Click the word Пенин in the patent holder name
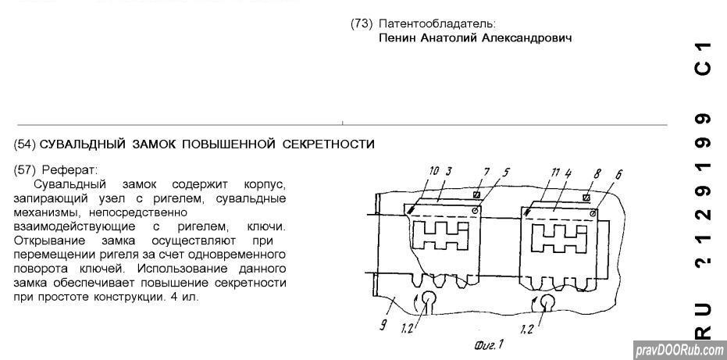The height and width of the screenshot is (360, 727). (x=397, y=37)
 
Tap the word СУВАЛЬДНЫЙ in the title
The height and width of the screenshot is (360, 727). (x=78, y=144)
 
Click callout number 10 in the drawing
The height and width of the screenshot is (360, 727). (x=435, y=171)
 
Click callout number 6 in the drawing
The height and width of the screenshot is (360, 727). (x=618, y=176)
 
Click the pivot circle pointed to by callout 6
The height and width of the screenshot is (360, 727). (x=593, y=213)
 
